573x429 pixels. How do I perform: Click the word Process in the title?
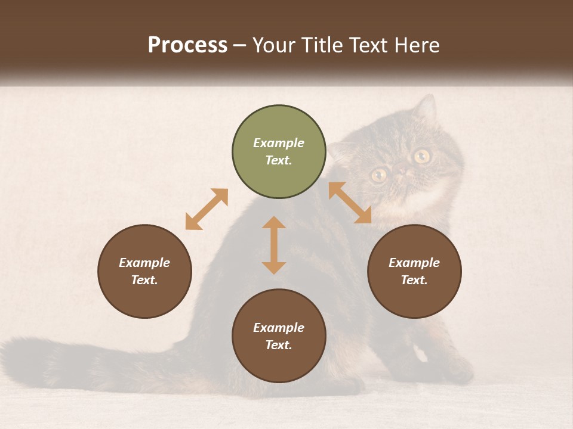point(187,45)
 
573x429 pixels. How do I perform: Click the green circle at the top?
point(279,152)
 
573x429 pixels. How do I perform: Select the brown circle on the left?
point(144,272)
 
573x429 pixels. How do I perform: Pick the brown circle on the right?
point(414,272)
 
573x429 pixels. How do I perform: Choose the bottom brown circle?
point(279,336)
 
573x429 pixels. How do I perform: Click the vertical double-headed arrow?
point(274,245)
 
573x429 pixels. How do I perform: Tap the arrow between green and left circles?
point(207,209)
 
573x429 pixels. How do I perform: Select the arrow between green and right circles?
point(350,203)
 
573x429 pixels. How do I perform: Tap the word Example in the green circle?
point(279,143)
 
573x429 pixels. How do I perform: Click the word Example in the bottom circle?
point(279,328)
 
